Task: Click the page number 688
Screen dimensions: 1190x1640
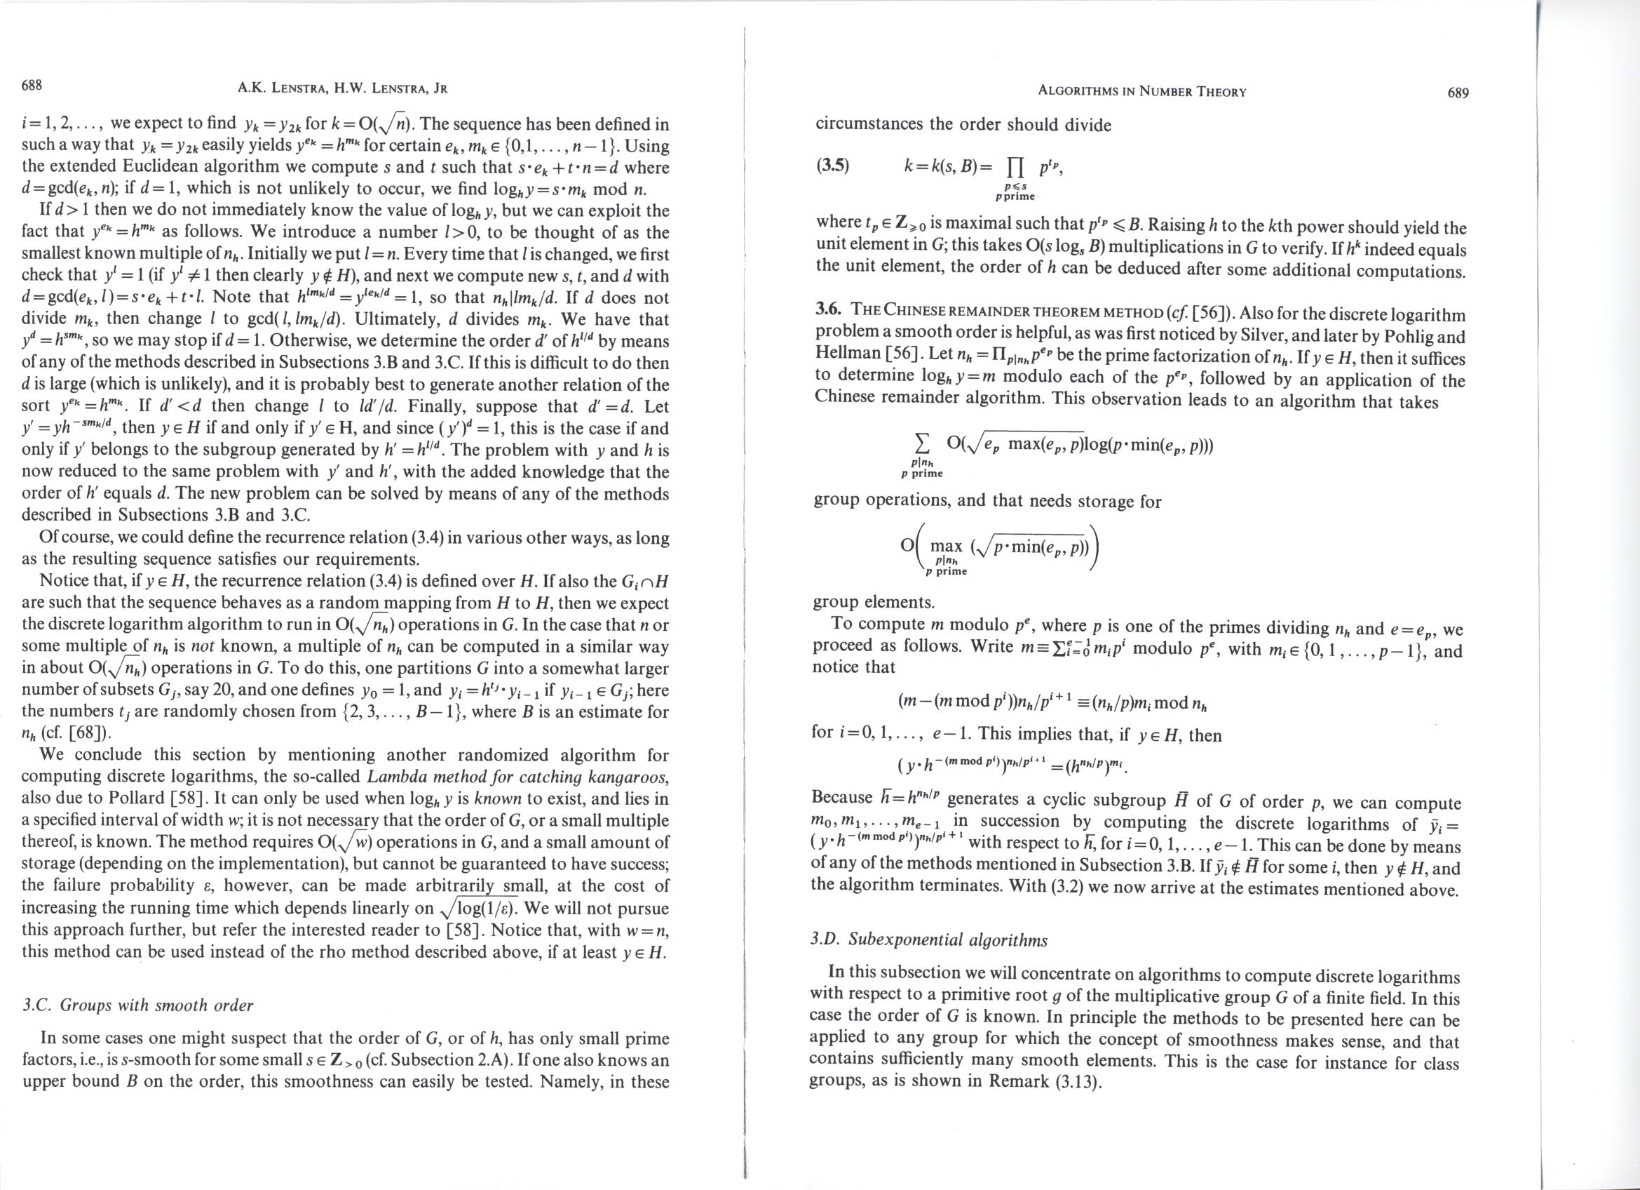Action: (32, 86)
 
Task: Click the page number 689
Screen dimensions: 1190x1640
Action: (1458, 93)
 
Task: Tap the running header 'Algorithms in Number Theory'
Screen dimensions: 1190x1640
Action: (1141, 92)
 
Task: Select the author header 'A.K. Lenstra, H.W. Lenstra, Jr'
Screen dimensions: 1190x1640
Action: (343, 89)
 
